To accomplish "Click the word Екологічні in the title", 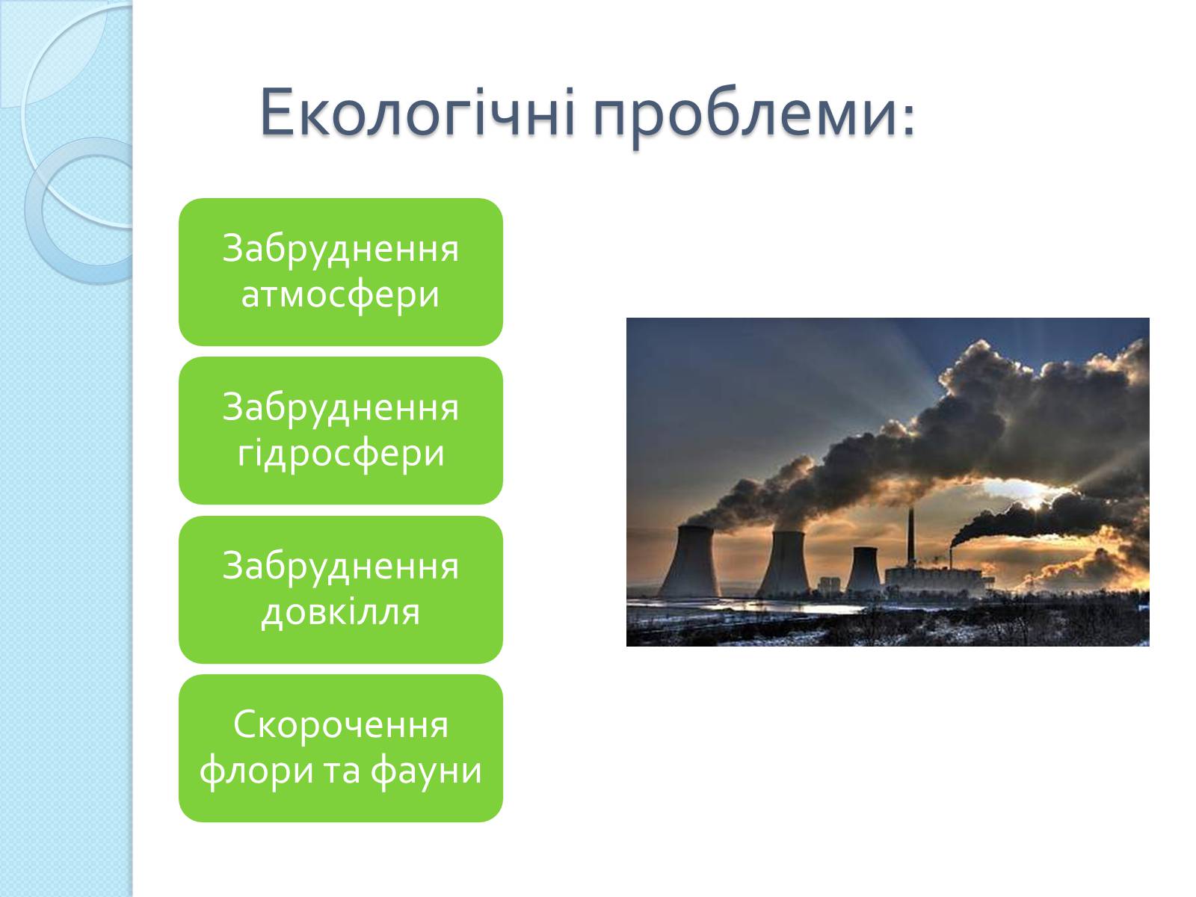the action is pos(418,112).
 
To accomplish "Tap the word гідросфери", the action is pos(341,453).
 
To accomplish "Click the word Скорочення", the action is pos(341,724).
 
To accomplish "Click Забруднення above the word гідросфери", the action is pos(341,408).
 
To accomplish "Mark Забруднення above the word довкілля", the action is pos(341,567).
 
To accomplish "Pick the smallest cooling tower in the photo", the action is pos(863,569).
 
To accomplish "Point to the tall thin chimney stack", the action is pos(910,539).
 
